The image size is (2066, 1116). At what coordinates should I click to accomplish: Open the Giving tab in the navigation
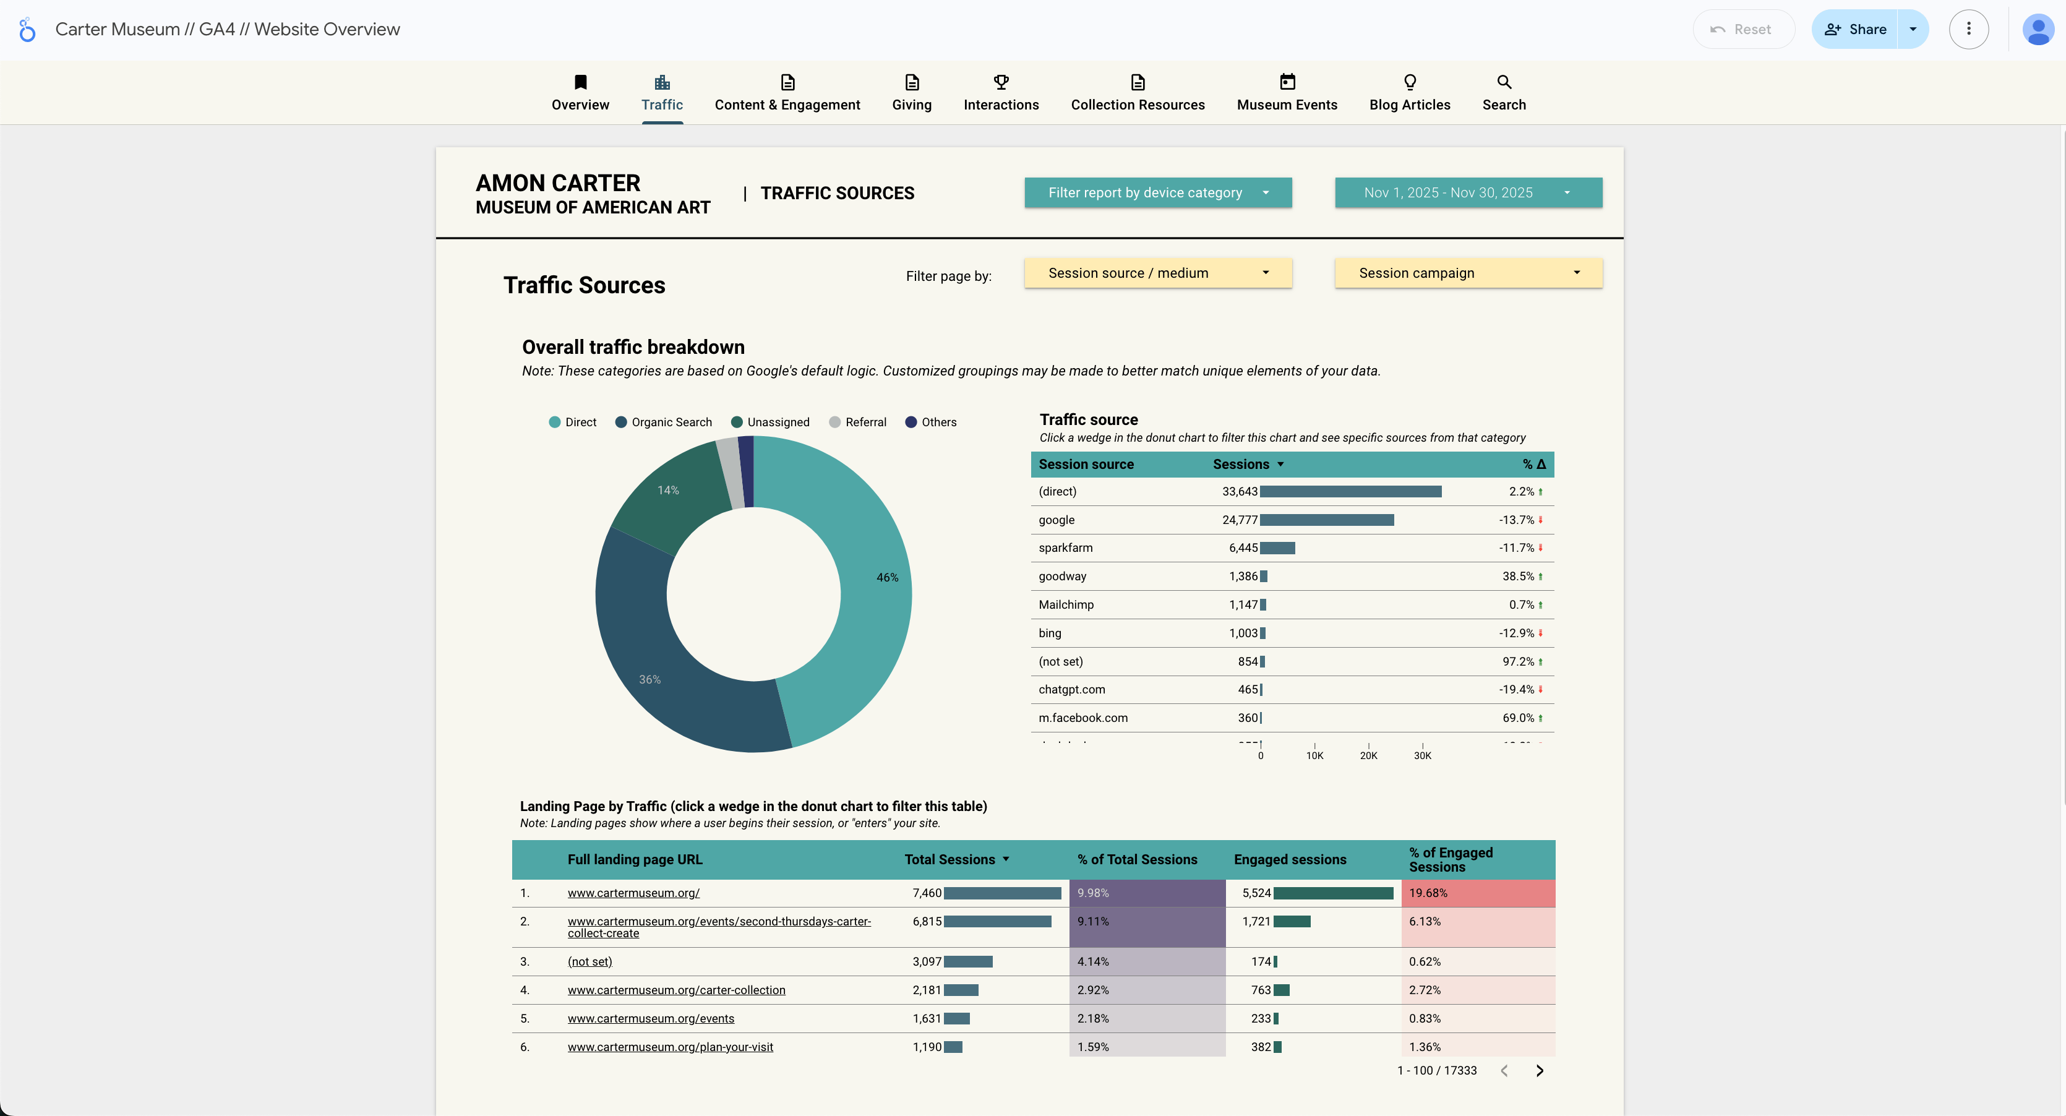click(x=911, y=94)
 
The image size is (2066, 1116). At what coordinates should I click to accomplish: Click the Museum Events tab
click(x=1287, y=94)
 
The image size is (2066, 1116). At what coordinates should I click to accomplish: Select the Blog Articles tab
click(x=1409, y=94)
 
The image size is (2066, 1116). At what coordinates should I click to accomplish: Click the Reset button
click(x=1742, y=30)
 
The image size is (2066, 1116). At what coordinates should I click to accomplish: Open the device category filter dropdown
click(x=1157, y=192)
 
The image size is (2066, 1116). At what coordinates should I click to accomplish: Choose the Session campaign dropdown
click(x=1468, y=273)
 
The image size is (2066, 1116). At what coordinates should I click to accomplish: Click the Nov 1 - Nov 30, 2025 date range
click(x=1468, y=192)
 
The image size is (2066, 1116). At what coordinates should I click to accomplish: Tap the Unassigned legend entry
click(x=770, y=422)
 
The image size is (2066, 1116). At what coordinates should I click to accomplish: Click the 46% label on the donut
click(x=887, y=578)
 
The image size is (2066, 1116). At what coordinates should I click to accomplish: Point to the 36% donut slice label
click(x=649, y=679)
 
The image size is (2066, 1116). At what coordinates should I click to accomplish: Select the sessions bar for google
click(x=1327, y=520)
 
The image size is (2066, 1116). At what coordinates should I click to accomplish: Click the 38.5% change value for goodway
click(x=1517, y=576)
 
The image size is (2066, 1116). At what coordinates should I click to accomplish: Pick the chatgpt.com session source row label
click(x=1071, y=689)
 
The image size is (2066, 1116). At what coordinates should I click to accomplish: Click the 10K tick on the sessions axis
click(x=1314, y=755)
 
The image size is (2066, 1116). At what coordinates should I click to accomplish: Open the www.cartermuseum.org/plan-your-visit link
click(x=670, y=1047)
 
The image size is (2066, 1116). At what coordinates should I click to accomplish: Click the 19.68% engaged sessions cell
click(x=1428, y=893)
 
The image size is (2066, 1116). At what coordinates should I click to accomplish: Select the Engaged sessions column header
click(x=1290, y=859)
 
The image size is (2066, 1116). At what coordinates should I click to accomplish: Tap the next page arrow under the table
click(x=1539, y=1070)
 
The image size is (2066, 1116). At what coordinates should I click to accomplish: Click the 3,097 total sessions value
click(x=927, y=961)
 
